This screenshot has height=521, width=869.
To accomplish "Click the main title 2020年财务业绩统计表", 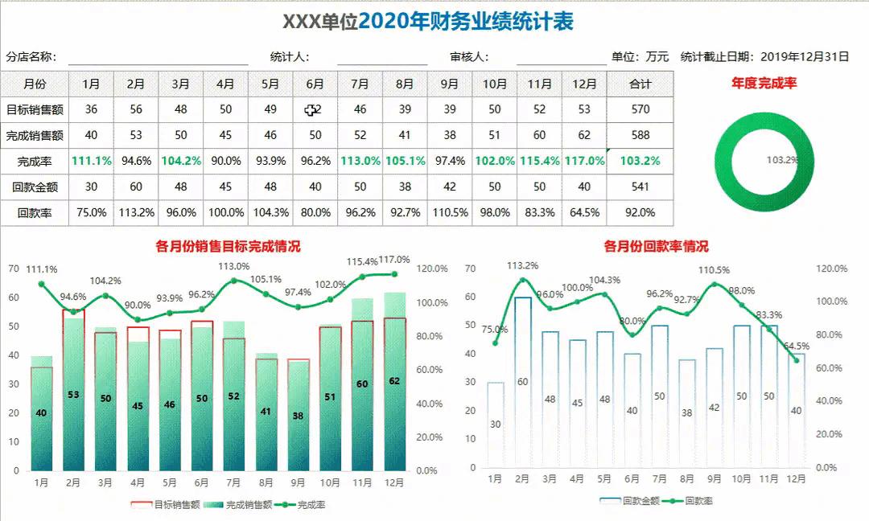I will pyautogui.click(x=466, y=23).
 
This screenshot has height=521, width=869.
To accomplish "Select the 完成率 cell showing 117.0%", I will pyautogui.click(x=584, y=161).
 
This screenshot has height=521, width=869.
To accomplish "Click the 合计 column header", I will pyautogui.click(x=640, y=84).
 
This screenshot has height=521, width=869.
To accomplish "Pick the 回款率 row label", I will pyautogui.click(x=35, y=213).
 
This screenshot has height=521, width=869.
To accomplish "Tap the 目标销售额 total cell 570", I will pyautogui.click(x=640, y=109).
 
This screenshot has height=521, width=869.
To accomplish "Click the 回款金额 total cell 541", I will pyautogui.click(x=640, y=187).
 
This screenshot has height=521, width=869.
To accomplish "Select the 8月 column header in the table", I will pyautogui.click(x=405, y=84).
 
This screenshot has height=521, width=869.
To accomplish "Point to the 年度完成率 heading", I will pyautogui.click(x=764, y=83).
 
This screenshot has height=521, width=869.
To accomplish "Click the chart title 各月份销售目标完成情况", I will pyautogui.click(x=228, y=247).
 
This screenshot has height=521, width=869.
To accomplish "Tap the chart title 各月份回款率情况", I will pyautogui.click(x=656, y=247).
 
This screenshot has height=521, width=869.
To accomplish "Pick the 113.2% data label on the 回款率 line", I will pyautogui.click(x=523, y=265).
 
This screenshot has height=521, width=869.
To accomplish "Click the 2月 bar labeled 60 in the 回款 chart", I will pyautogui.click(x=522, y=382).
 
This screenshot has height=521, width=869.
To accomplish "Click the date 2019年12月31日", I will pyautogui.click(x=805, y=56).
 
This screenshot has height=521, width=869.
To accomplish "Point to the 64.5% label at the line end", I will pyautogui.click(x=797, y=346).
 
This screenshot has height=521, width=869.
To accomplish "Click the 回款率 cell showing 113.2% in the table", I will pyautogui.click(x=136, y=213).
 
